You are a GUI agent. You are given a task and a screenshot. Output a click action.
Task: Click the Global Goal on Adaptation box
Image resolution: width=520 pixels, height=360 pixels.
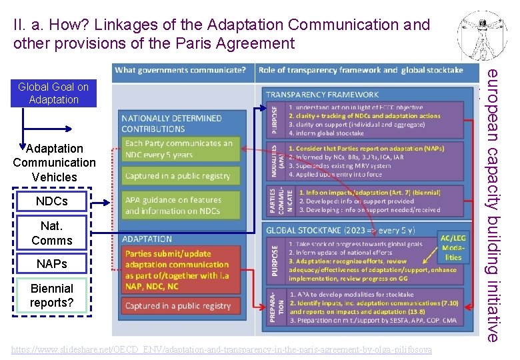53,93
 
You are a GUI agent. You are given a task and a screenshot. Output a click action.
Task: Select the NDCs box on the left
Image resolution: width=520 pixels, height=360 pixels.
52,201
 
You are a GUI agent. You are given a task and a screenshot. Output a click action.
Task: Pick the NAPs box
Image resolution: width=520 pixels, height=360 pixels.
52,264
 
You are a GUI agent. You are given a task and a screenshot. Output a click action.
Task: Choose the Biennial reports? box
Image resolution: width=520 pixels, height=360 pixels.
52,296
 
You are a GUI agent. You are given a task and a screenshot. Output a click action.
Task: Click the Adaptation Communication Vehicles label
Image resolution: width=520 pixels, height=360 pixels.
54,163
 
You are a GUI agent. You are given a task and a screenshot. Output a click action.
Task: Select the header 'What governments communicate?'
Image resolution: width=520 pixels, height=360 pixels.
181,70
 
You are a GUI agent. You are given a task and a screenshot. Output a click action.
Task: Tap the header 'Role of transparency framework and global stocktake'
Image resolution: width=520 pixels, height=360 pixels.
360,70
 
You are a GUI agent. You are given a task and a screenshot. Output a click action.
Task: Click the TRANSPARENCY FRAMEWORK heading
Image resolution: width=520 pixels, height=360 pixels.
323,95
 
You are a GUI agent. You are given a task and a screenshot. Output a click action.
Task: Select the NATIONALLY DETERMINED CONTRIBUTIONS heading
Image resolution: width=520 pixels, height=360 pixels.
171,123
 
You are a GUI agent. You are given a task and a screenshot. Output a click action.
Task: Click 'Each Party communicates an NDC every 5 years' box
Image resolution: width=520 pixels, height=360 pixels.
179,149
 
